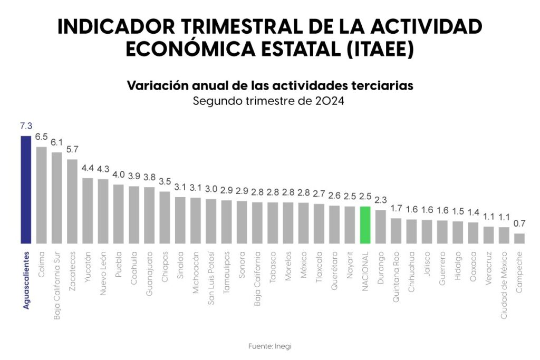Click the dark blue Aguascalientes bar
(26, 190)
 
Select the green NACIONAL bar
(365, 225)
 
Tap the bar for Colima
(41, 195)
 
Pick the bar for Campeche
(519, 238)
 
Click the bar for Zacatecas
(72, 201)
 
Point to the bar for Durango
(380, 227)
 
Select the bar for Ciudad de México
(504, 235)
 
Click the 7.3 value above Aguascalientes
(26, 126)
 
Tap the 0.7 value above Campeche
(519, 224)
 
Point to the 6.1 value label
(56, 142)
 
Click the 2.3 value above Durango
(380, 200)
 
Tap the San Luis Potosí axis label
(211, 274)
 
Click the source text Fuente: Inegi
(269, 346)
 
